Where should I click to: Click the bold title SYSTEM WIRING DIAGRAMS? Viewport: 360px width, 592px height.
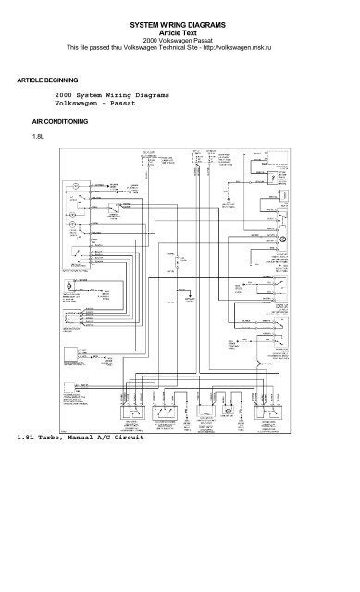point(180,20)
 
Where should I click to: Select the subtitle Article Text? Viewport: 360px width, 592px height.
point(180,30)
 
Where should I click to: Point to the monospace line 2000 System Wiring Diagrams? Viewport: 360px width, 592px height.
point(113,95)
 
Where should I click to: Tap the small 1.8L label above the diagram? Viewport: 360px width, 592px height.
point(38,137)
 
